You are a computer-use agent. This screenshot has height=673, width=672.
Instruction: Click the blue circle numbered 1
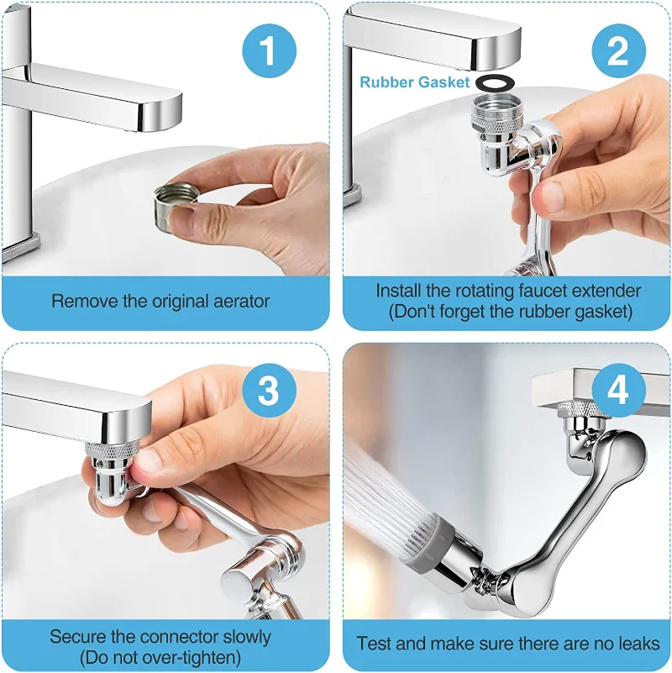pyautogui.click(x=269, y=50)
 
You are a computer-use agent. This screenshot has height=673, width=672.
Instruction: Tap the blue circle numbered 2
pyautogui.click(x=618, y=50)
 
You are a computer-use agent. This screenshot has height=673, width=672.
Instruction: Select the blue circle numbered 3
pyautogui.click(x=269, y=390)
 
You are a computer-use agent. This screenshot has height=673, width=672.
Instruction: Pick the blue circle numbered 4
pyautogui.click(x=618, y=390)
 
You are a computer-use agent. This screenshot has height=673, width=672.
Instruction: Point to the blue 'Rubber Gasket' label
pyautogui.click(x=414, y=82)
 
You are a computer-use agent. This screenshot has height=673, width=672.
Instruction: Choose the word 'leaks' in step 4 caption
pyautogui.click(x=639, y=644)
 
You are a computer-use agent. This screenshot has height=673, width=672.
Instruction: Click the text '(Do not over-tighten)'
pyautogui.click(x=160, y=658)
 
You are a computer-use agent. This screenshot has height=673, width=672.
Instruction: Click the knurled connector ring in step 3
pyautogui.click(x=112, y=450)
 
